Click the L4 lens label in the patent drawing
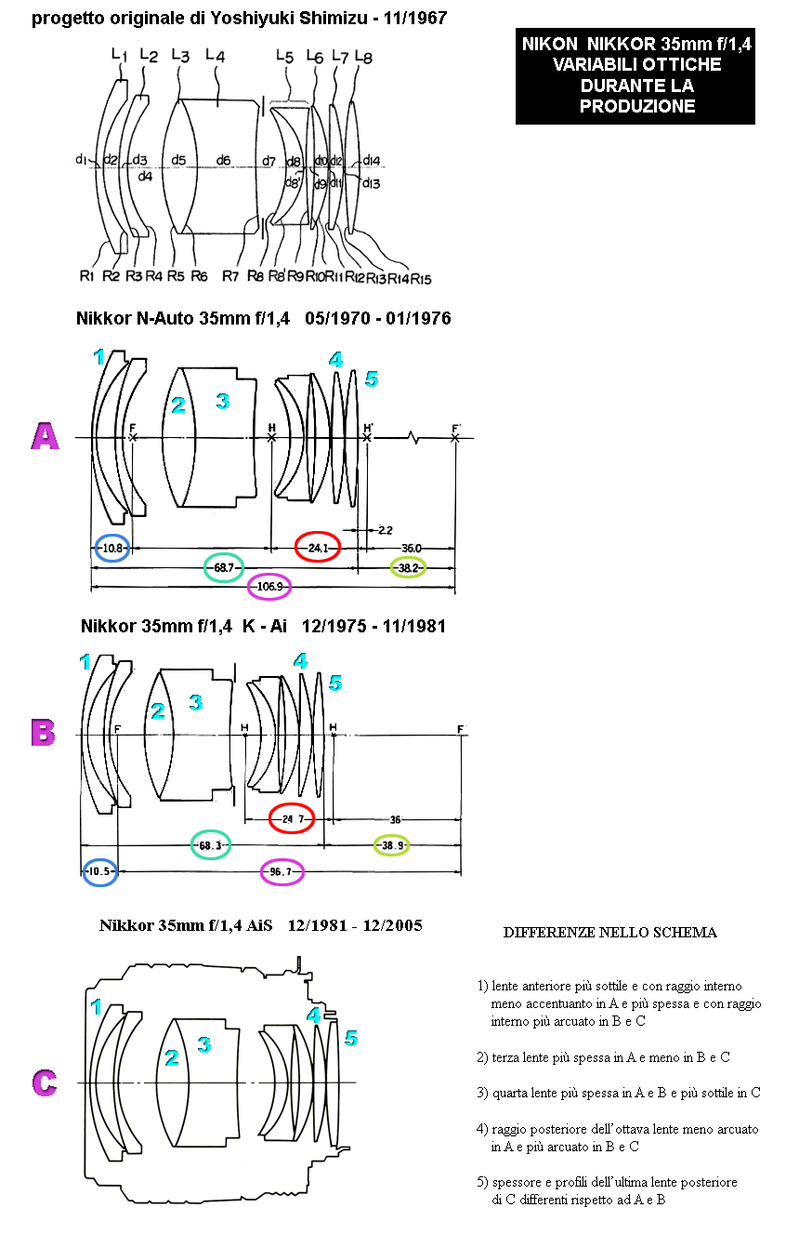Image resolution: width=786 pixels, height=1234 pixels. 216,55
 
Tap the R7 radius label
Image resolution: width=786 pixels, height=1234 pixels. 230,276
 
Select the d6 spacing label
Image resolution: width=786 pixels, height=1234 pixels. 223,160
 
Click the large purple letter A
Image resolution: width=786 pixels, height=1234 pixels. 46,436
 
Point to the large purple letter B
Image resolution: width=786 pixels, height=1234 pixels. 44,732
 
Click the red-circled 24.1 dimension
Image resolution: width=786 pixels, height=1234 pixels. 318,548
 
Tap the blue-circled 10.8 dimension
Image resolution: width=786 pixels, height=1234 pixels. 112,548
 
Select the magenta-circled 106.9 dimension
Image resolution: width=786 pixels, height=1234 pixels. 269,587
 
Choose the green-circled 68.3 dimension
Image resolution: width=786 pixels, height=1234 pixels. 210,845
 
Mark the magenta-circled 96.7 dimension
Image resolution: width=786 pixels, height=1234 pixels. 281,872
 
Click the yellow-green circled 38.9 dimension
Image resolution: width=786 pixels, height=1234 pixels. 392,845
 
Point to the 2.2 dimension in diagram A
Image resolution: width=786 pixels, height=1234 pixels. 386,530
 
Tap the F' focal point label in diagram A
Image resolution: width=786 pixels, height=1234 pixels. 456,429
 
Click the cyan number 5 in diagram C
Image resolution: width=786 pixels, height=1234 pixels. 351,1039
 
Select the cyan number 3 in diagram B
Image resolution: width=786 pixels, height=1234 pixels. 196,702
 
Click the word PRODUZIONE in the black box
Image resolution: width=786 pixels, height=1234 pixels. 636,106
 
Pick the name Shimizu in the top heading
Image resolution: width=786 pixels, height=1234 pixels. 333,19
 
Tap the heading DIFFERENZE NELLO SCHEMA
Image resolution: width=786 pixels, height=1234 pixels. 609,933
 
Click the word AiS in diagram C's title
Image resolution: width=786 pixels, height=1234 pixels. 259,925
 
